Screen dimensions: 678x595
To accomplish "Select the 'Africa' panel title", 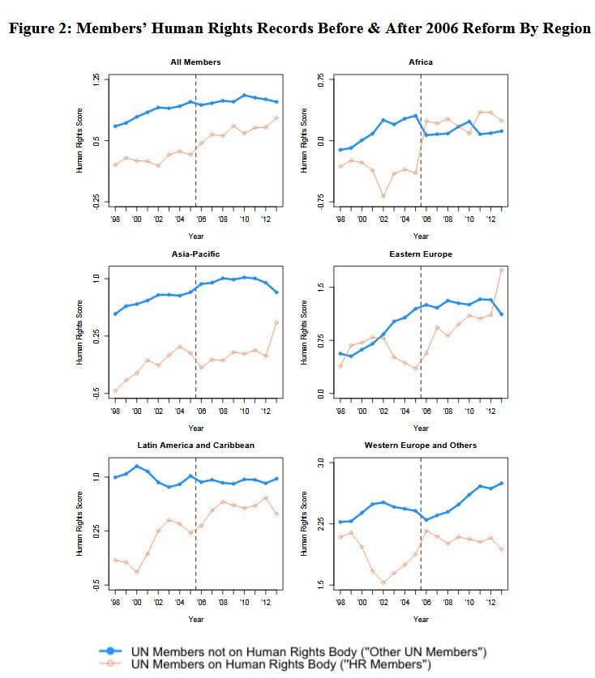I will (x=421, y=62).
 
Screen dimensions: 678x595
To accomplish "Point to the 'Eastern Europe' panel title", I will (x=421, y=254).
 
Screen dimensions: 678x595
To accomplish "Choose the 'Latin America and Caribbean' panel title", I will (x=196, y=446).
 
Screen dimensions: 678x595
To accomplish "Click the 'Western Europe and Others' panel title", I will (x=421, y=446).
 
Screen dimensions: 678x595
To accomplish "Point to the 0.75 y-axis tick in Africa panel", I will (x=321, y=81).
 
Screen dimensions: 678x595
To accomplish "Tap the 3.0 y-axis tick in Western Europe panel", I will (x=321, y=463).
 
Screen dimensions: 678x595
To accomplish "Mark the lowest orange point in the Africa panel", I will (x=383, y=197).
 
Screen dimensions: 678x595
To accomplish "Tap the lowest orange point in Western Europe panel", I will (x=383, y=582).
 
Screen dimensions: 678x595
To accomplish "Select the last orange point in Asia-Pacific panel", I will (x=277, y=322).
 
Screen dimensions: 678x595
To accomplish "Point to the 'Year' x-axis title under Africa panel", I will (x=421, y=237).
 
